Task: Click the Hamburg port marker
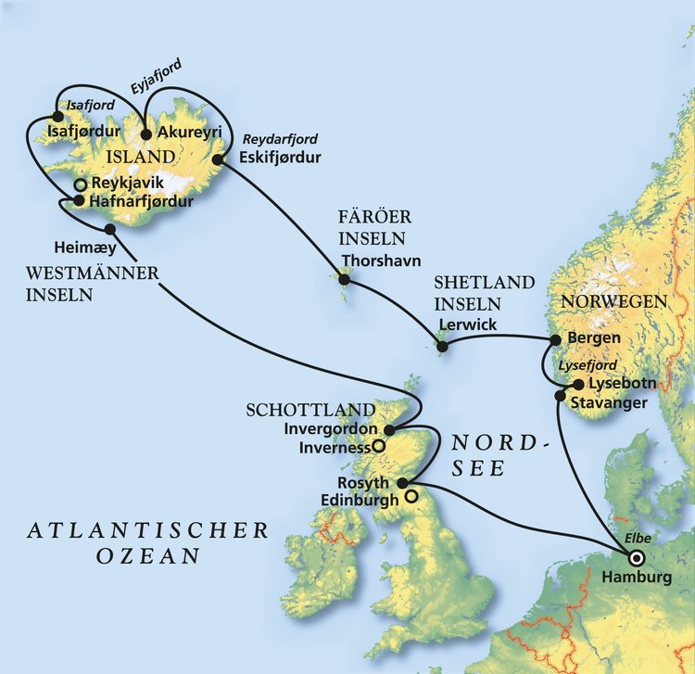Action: [x=637, y=558]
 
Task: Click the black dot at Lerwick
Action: [x=443, y=347]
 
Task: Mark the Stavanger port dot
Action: [x=559, y=396]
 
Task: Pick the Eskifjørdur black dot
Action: [x=219, y=159]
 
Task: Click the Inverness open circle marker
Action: [x=378, y=446]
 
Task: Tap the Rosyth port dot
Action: [x=401, y=483]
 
